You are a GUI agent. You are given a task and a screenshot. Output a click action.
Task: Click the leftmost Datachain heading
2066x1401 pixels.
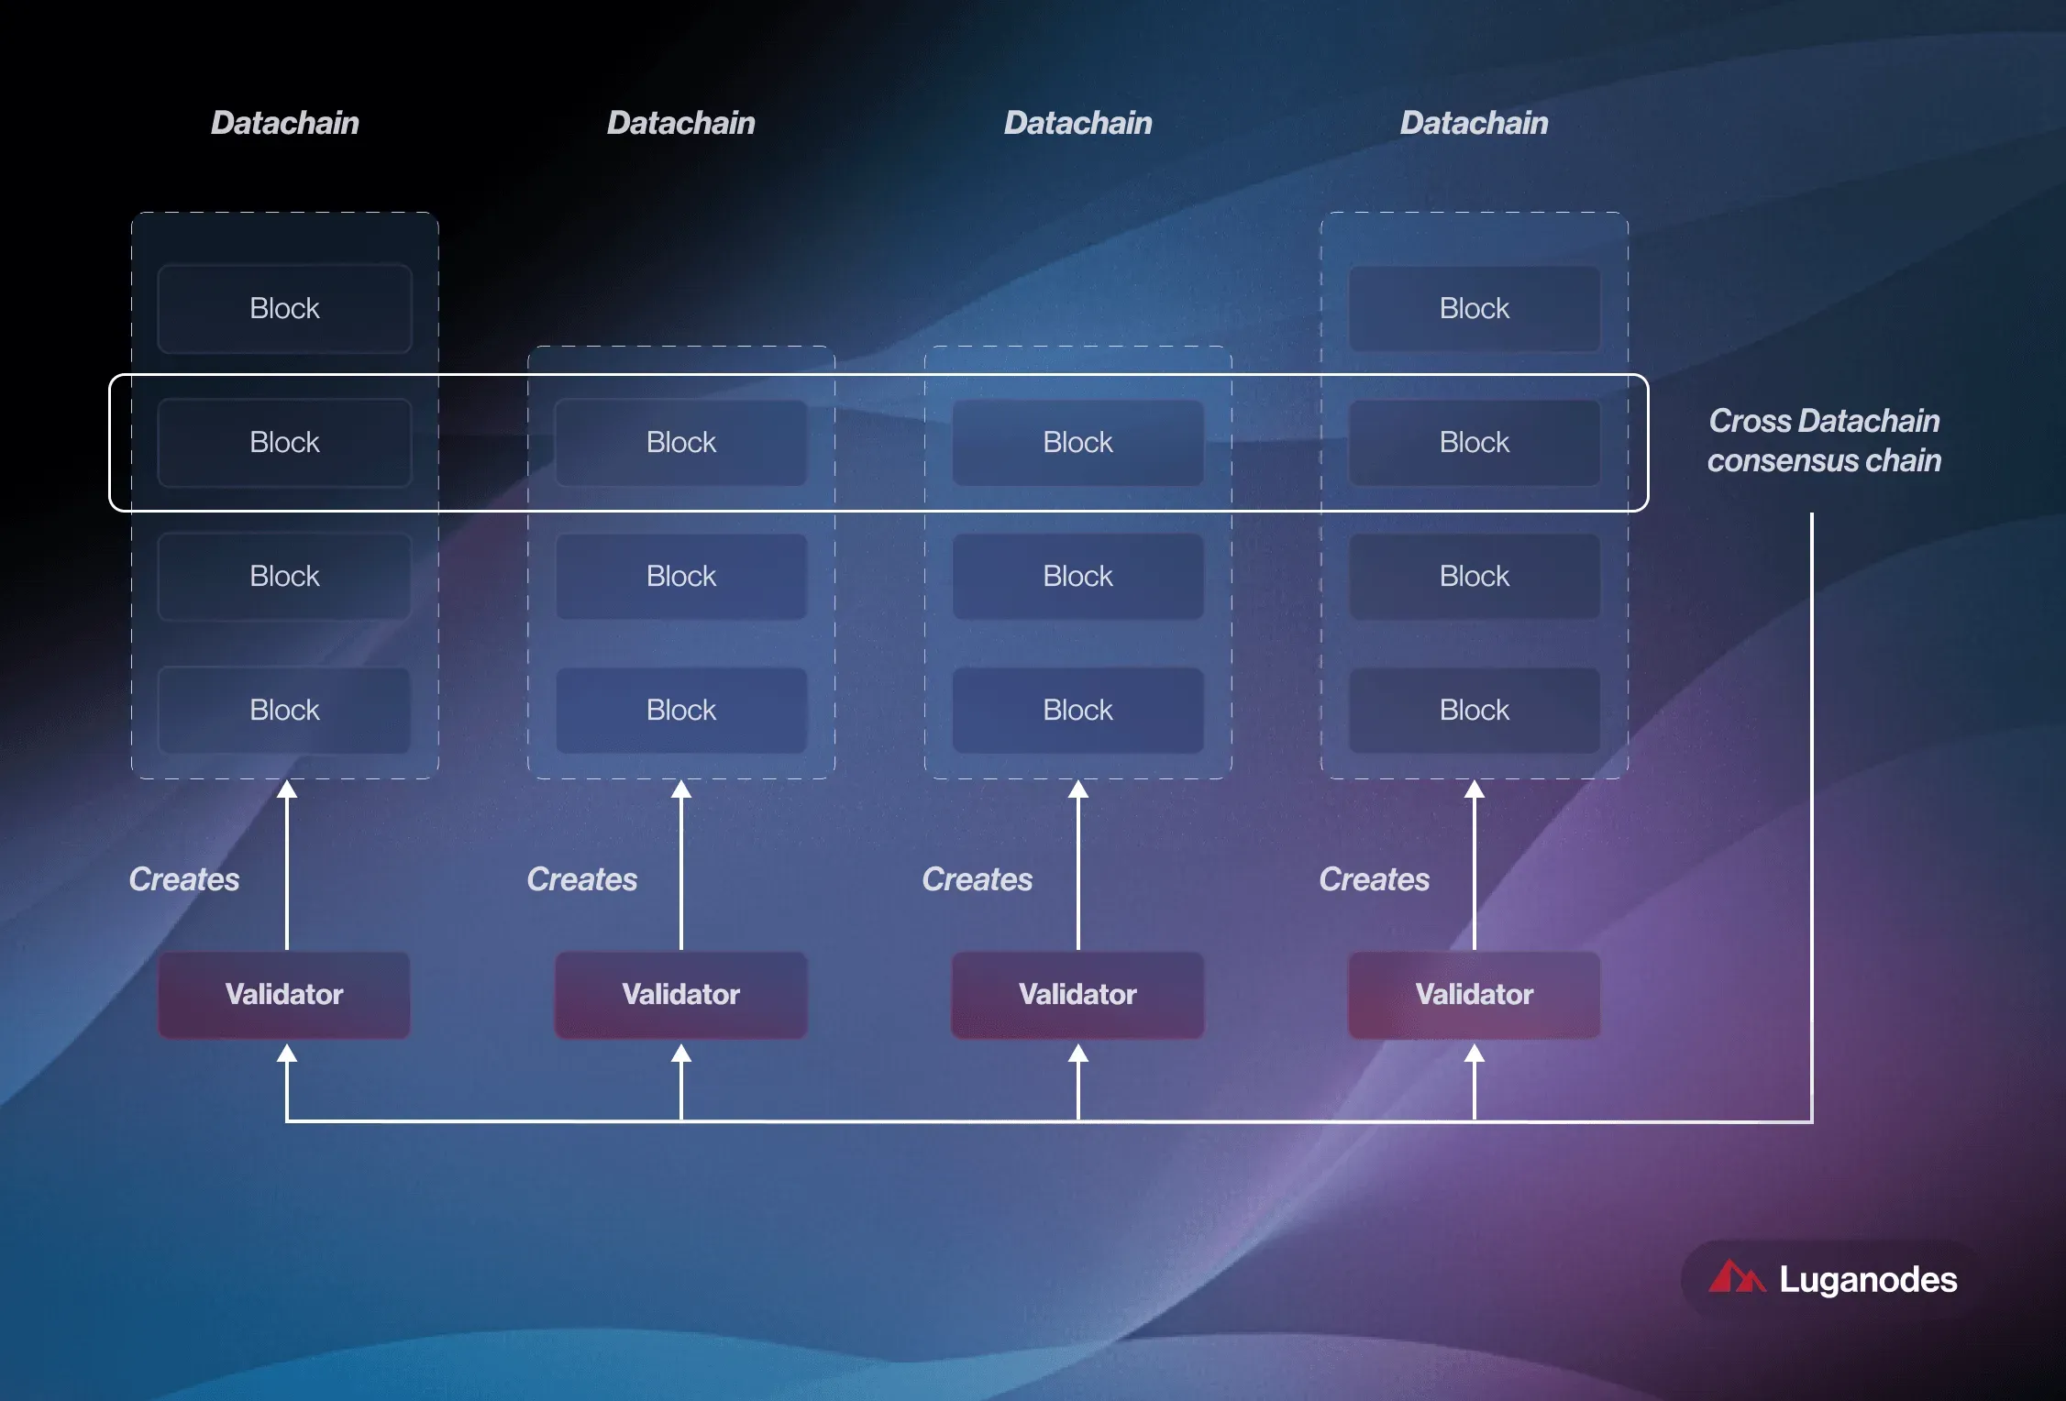(284, 123)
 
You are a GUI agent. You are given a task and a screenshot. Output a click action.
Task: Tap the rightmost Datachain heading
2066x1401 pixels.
(1474, 123)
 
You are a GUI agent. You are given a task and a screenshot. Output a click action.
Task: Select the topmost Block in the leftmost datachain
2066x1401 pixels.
(284, 308)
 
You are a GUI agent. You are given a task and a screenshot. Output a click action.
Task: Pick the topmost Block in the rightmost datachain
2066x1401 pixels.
(1474, 308)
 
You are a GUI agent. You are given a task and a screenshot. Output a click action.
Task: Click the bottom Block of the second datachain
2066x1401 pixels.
(681, 711)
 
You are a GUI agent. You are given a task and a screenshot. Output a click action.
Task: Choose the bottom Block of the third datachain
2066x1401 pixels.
(1077, 711)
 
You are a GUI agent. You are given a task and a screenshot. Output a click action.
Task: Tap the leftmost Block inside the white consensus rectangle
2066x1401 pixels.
(284, 442)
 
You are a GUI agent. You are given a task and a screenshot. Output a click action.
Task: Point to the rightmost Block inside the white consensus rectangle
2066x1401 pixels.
(1474, 442)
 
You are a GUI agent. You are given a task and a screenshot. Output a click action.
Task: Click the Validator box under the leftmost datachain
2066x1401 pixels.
(284, 995)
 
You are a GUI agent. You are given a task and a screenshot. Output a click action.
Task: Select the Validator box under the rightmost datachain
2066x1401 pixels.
(1474, 995)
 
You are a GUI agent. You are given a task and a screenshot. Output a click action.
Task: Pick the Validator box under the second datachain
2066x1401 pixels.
(681, 995)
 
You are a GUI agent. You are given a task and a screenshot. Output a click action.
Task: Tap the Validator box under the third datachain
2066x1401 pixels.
(1077, 995)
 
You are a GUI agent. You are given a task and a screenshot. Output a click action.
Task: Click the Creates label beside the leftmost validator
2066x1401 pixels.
(184, 879)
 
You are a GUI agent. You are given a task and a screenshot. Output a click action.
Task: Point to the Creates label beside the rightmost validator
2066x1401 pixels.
(1374, 879)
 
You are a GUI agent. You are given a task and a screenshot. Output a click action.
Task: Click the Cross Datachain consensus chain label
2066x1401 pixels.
(1824, 440)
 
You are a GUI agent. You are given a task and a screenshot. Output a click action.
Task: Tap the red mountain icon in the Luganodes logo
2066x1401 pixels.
(1736, 1276)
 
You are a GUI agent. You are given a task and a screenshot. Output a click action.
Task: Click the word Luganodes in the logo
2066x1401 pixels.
(1868, 1280)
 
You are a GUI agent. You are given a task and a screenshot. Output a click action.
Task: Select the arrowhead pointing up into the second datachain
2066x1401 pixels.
(681, 789)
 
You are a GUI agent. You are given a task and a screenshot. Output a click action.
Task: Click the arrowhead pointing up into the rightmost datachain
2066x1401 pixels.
(1475, 789)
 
